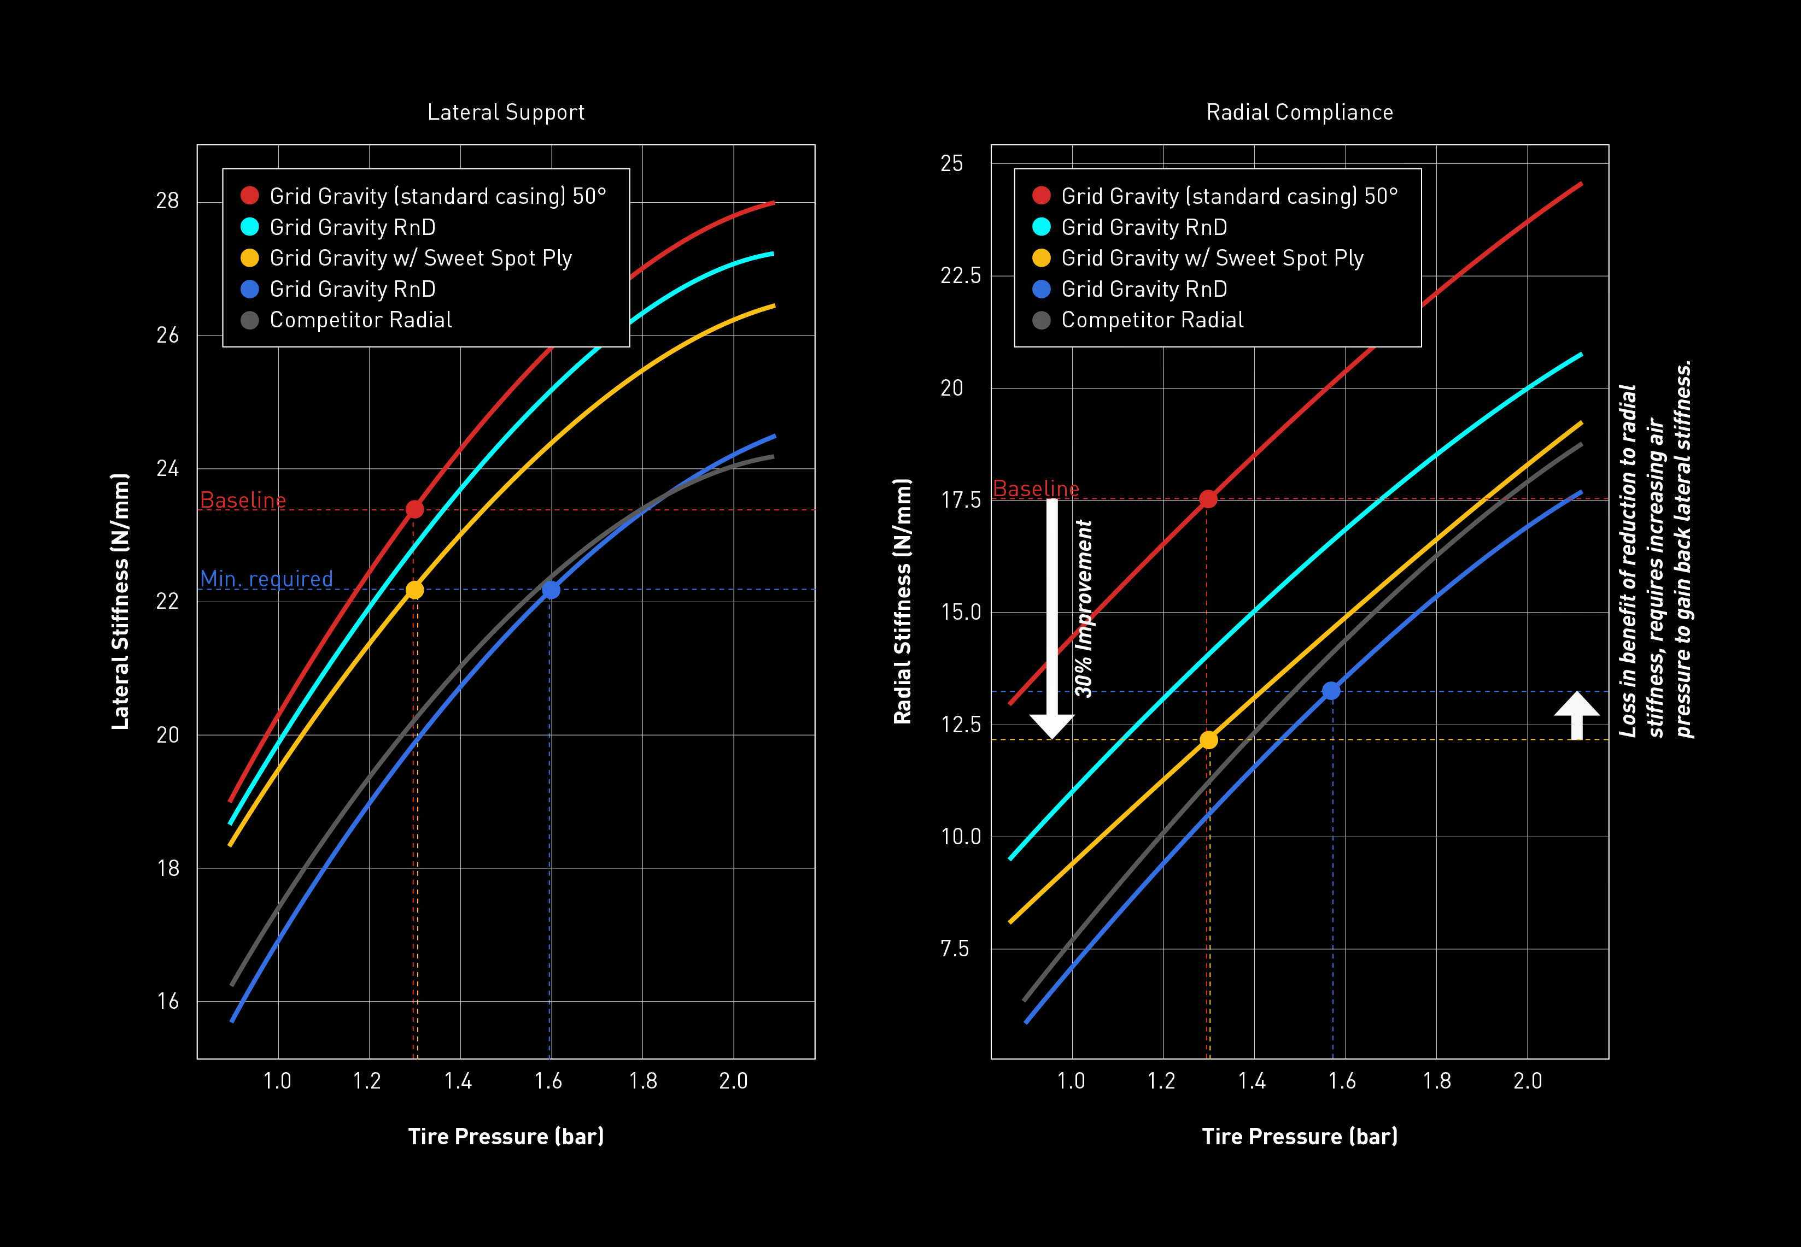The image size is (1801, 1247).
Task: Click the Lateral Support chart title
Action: click(x=506, y=113)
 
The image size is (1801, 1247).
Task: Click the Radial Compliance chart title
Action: click(x=1299, y=113)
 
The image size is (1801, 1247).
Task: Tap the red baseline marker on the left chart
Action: click(x=415, y=509)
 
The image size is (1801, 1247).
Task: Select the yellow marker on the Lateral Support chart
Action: click(x=415, y=590)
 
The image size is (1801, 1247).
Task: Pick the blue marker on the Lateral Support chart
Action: click(x=551, y=590)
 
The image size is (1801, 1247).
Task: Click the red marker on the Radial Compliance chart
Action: click(x=1208, y=498)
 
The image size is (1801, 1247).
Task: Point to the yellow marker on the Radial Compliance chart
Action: click(x=1208, y=740)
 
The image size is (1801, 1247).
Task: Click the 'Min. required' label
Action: click(x=267, y=579)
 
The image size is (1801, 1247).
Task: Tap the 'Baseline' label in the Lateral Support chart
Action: click(x=243, y=500)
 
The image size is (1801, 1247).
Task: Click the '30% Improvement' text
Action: click(x=1084, y=608)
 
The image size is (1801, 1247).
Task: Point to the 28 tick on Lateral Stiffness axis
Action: click(x=167, y=202)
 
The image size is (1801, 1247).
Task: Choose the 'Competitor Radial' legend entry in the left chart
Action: click(x=360, y=320)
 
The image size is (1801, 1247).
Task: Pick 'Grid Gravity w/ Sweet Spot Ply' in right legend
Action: click(x=1212, y=258)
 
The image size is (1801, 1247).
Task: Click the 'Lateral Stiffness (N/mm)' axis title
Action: click(x=120, y=602)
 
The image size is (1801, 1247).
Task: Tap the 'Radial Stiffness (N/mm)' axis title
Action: click(x=903, y=602)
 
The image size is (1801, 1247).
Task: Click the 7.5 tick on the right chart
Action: click(x=955, y=949)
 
